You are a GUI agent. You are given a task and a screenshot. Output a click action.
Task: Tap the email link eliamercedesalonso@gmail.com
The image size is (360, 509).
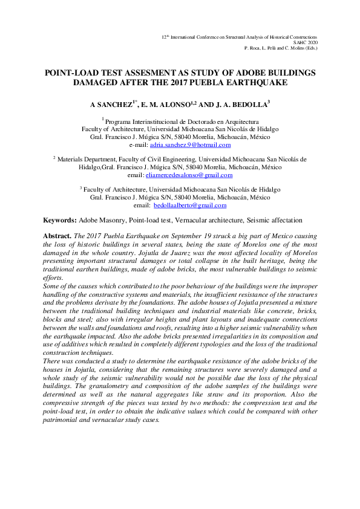tap(194, 175)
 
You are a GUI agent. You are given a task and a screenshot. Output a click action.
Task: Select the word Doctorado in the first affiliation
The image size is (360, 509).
tap(195, 121)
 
